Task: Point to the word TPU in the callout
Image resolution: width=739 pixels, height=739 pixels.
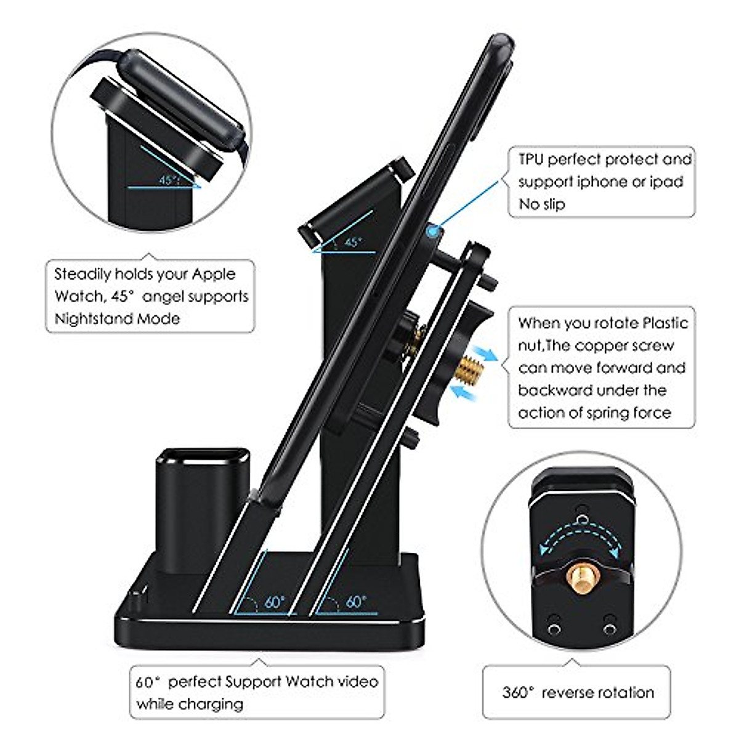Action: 531,160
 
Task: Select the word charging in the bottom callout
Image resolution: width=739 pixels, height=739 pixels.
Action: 211,703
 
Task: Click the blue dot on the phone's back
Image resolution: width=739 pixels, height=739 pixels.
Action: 435,231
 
